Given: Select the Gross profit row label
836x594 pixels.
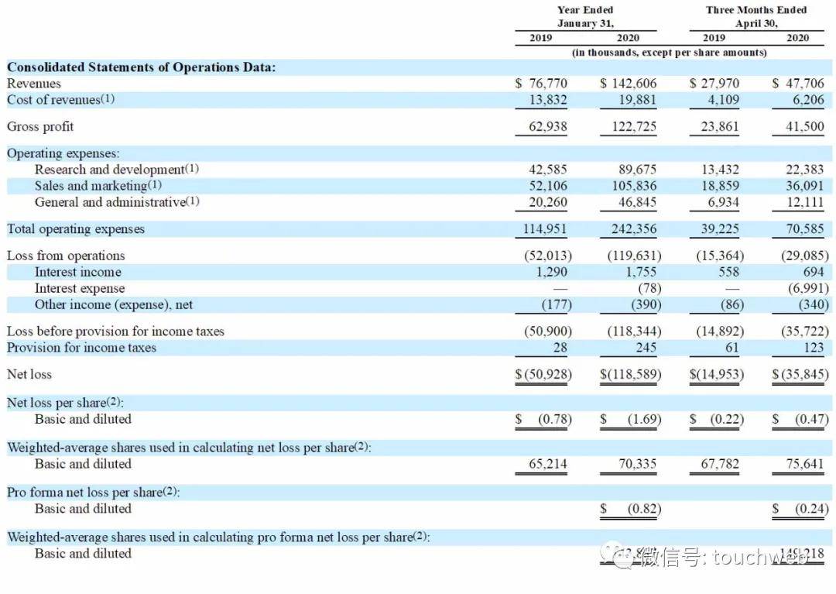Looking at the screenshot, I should click(40, 126).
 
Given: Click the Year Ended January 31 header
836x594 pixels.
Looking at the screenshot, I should click(585, 16).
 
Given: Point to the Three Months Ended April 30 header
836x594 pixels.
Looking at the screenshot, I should click(755, 16).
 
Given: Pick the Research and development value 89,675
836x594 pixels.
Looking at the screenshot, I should click(636, 170).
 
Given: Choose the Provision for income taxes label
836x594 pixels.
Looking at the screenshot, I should click(81, 348).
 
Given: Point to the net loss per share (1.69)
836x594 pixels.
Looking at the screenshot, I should click(644, 419).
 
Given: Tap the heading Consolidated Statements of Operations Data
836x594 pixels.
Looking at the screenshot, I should click(141, 67).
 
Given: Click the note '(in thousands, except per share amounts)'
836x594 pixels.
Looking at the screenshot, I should click(670, 53).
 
